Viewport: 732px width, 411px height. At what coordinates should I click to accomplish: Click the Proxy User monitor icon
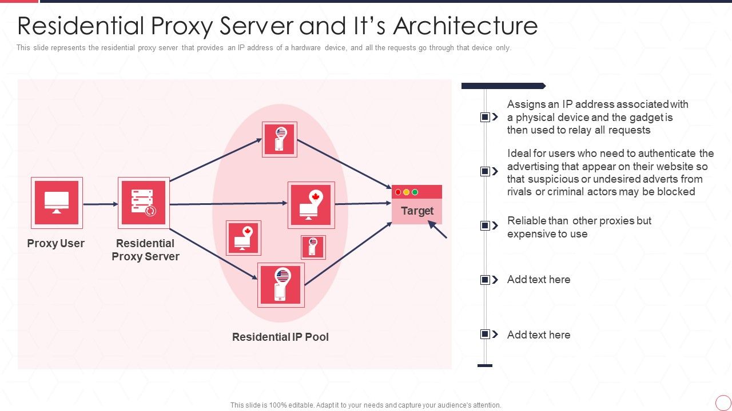[x=57, y=203]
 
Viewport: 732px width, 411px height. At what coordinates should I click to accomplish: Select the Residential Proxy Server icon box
[x=144, y=203]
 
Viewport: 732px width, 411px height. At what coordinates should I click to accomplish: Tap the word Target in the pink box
[x=417, y=211]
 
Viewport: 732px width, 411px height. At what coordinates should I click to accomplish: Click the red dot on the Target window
[x=398, y=192]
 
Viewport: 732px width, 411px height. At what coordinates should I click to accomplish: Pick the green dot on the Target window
[x=415, y=192]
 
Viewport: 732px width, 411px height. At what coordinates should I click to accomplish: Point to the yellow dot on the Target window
[x=407, y=192]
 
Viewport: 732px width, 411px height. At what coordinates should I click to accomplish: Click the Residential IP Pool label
[x=280, y=337]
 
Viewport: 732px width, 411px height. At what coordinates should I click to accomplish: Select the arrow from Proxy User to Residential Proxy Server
[x=100, y=204]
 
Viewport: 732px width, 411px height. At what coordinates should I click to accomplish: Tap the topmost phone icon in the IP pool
[x=280, y=139]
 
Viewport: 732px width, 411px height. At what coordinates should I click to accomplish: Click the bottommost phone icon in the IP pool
[x=281, y=285]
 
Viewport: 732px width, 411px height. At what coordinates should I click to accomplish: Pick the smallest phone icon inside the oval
[x=313, y=247]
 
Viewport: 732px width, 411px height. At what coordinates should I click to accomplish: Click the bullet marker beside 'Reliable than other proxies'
[x=485, y=225]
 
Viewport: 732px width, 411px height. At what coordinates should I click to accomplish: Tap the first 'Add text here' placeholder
[x=539, y=279]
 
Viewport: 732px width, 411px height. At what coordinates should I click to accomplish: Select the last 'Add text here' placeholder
[x=539, y=335]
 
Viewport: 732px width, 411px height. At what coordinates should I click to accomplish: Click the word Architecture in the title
[x=466, y=26]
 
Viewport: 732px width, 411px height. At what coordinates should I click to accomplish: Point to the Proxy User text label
[x=55, y=243]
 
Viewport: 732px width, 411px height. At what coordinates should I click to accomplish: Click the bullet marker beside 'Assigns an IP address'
[x=485, y=117]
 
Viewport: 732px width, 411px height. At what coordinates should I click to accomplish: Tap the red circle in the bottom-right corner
[x=723, y=402]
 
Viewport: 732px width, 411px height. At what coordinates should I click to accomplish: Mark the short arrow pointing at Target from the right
[x=437, y=229]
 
